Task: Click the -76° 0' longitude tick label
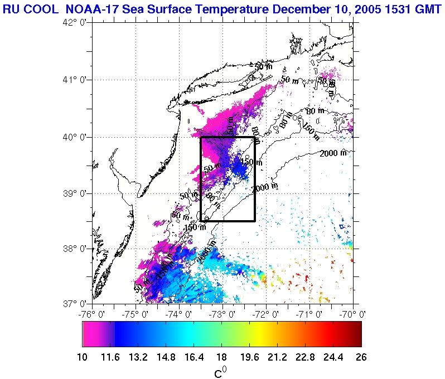[x=91, y=314]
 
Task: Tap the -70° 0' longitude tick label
[x=353, y=314]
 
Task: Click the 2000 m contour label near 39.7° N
[x=333, y=153]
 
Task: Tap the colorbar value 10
[x=83, y=357]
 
